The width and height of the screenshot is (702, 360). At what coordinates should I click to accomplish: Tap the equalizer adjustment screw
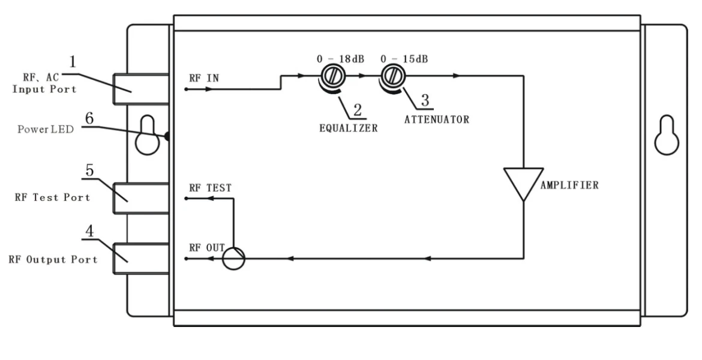pos(332,76)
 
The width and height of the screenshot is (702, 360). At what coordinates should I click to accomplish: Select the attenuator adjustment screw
pos(392,76)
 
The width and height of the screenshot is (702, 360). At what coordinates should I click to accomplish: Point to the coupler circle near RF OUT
pos(234,259)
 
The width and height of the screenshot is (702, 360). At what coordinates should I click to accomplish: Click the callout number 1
pos(73,62)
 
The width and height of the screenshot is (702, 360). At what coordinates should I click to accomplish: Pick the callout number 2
pos(357,110)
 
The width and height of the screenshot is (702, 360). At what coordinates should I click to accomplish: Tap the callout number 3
pos(425,100)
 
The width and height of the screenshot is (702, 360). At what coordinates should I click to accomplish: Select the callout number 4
pos(89,231)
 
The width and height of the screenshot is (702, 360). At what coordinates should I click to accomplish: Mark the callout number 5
pos(89,170)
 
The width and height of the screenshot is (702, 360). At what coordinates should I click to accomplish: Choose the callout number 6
pos(89,119)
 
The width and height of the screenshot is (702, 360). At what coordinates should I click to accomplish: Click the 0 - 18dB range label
pos(340,59)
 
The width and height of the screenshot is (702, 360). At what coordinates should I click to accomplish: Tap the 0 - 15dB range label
pos(404,59)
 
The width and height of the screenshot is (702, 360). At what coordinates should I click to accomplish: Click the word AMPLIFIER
pos(569,185)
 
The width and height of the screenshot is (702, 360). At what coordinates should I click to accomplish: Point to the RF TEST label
pos(211,188)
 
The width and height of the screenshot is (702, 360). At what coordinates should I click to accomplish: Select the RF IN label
pos(204,78)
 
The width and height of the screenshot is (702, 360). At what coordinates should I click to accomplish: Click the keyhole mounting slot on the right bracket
pos(667,135)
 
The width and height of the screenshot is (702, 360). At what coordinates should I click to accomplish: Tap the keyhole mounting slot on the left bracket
pos(147,135)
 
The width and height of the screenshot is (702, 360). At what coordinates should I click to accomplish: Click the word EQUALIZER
pos(349,128)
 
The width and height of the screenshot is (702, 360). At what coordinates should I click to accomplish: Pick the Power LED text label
pos(45,130)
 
